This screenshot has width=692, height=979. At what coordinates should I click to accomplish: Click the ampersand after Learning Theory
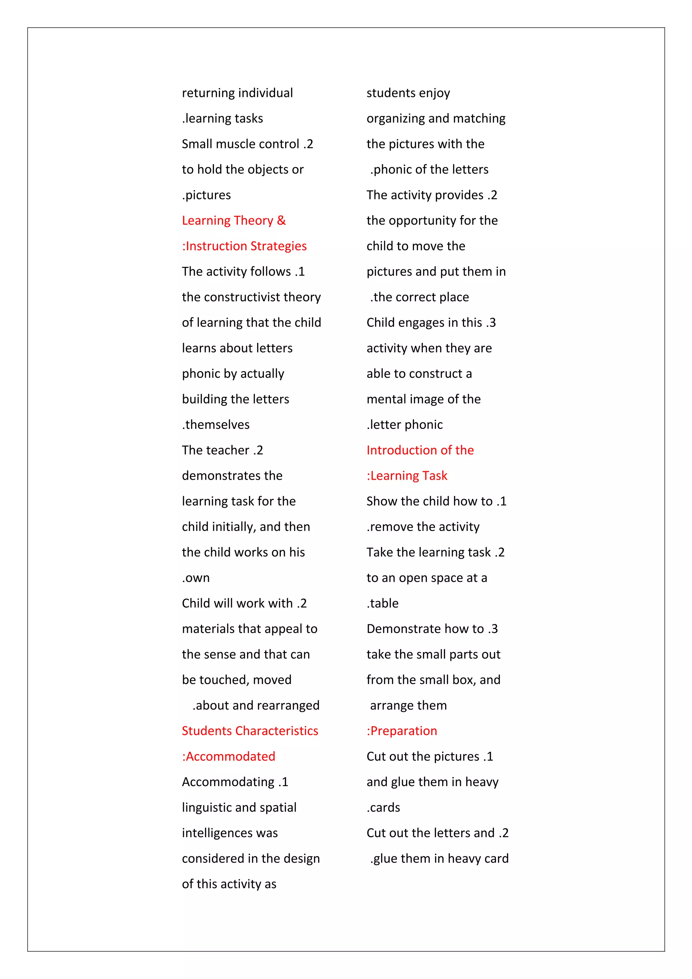pyautogui.click(x=281, y=221)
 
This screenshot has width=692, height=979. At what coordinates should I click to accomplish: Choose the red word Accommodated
pyautogui.click(x=230, y=756)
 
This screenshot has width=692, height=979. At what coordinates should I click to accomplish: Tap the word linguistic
pyautogui.click(x=207, y=808)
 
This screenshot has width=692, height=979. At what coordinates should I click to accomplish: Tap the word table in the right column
pyautogui.click(x=384, y=603)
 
